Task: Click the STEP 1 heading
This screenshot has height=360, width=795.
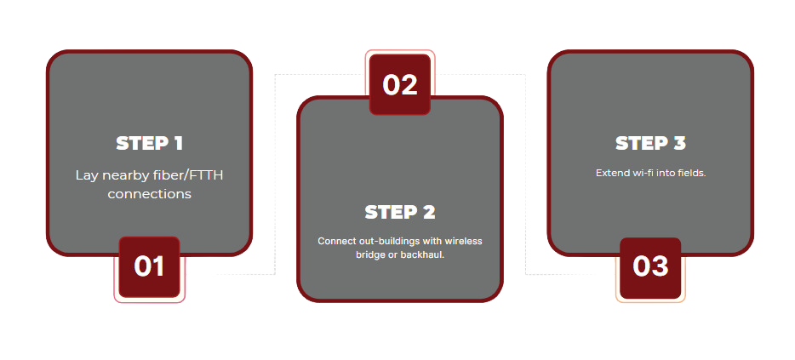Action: (149, 143)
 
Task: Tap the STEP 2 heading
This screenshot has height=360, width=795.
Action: (399, 212)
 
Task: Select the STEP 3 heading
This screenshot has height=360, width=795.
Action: (650, 143)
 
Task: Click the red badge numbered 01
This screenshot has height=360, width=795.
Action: (149, 266)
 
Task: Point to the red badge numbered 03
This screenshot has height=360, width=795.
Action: (650, 266)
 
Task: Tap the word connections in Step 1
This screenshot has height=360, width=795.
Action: (149, 194)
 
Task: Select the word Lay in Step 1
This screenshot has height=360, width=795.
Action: (86, 175)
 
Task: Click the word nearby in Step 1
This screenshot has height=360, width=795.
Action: (124, 175)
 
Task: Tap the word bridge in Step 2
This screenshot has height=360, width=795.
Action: (370, 254)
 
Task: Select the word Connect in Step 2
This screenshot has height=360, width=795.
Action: (335, 241)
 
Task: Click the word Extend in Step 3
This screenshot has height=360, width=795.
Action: (609, 173)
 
